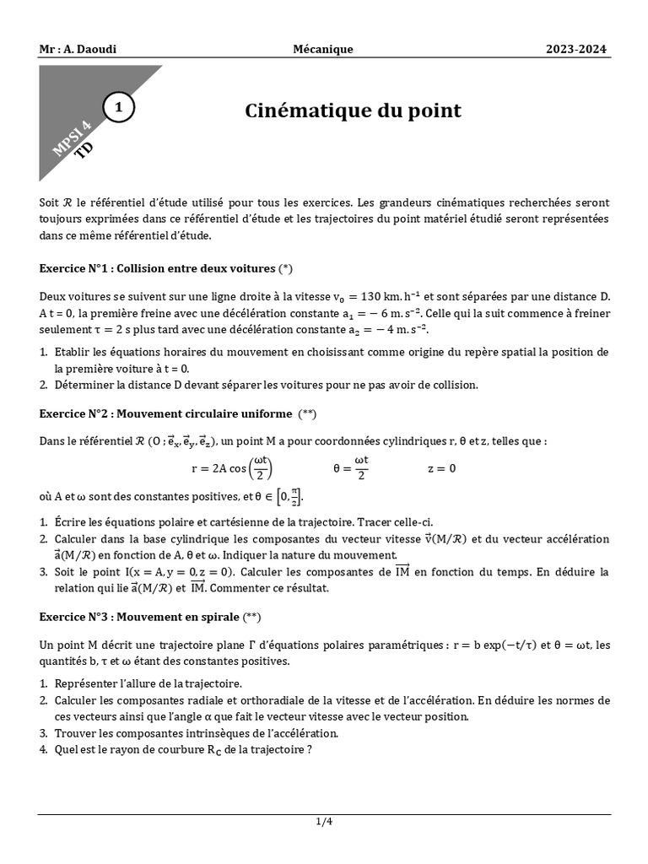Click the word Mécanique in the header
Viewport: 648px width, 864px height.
point(323,50)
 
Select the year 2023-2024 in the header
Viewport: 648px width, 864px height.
point(576,50)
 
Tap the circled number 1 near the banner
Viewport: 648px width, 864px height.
point(119,108)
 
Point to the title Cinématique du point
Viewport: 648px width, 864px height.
point(353,111)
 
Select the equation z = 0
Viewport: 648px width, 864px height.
point(442,469)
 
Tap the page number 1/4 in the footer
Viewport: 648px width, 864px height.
point(324,823)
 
